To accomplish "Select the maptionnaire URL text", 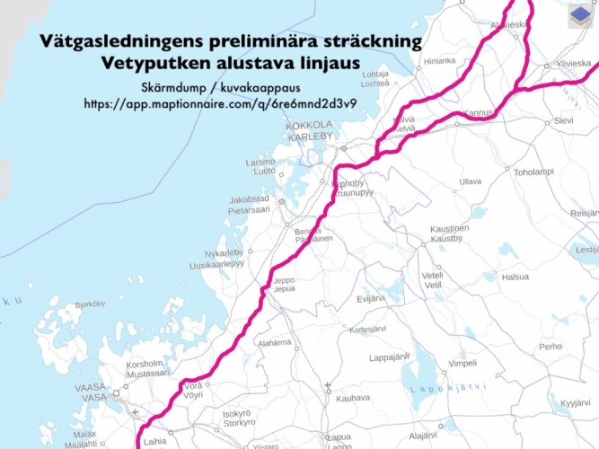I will pos(220,103).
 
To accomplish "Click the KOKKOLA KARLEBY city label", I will pos(310,130).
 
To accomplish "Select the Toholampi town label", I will pos(533,172).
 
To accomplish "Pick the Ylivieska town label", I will pos(574,64).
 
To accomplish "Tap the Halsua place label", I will pos(515,277).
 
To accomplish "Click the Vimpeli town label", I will pos(462,364).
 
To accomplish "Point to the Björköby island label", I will pos(90,304).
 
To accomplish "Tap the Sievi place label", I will pos(563,119).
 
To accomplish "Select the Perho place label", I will pos(551,346).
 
